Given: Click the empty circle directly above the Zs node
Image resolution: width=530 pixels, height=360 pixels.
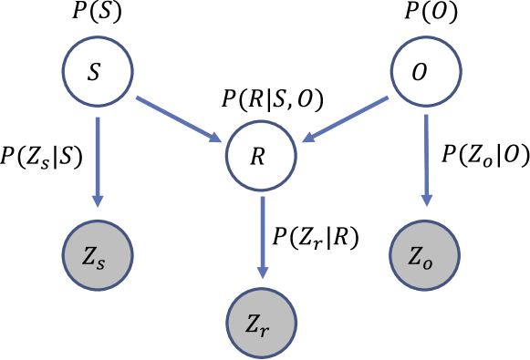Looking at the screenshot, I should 98,70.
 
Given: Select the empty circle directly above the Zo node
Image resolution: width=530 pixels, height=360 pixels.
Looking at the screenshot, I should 426,70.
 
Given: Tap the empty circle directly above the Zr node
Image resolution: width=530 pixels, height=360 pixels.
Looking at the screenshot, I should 262,155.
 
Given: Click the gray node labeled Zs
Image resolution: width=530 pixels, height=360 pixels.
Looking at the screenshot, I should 98,256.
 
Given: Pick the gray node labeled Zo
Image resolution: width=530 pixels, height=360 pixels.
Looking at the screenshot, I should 424,255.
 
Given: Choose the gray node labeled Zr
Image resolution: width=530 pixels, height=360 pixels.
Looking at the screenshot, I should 262,322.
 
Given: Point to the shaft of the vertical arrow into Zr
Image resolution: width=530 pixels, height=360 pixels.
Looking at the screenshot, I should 262,228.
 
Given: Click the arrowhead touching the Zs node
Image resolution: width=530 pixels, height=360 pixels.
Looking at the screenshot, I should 98,200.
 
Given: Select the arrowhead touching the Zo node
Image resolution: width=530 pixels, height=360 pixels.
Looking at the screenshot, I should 426,200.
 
